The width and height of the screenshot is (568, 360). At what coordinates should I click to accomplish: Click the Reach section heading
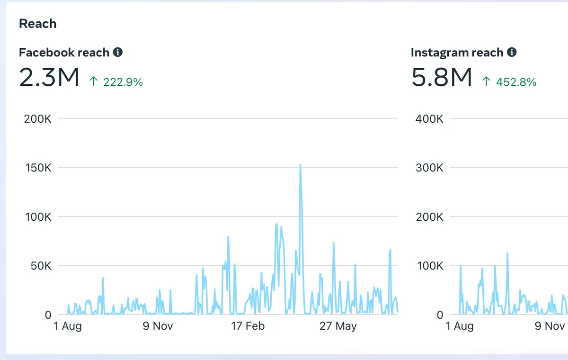(38, 24)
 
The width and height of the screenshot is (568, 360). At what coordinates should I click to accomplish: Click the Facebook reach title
(64, 53)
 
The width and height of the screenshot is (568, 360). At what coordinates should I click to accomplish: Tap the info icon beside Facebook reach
(118, 52)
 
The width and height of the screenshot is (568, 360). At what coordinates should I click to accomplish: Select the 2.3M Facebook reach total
(49, 77)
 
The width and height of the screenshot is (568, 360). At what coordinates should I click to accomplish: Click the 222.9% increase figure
(123, 82)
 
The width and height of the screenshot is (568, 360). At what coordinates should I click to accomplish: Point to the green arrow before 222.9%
(94, 81)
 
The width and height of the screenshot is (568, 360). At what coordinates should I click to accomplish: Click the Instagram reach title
(457, 53)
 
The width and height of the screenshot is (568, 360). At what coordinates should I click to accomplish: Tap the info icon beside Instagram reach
(512, 52)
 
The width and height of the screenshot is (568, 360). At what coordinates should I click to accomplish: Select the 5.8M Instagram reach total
(442, 77)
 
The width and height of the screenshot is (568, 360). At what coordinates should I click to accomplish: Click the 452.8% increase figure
(516, 82)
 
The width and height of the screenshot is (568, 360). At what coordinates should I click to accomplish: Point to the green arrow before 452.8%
(487, 81)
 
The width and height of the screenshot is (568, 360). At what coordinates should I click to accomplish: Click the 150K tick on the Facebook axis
(38, 168)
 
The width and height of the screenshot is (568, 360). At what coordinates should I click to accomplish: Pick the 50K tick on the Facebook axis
(41, 266)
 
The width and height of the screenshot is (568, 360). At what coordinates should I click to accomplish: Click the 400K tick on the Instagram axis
(429, 119)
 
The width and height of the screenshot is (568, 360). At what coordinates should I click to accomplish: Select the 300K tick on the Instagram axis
(430, 168)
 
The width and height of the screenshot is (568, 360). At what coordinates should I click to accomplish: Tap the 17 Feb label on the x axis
(248, 326)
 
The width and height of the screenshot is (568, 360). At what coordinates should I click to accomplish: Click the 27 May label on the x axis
(338, 326)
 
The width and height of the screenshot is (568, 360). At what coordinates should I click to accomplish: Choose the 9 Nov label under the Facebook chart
(158, 326)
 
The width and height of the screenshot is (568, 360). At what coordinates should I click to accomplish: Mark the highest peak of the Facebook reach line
(300, 165)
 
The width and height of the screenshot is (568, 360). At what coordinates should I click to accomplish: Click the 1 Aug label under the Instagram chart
(460, 326)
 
